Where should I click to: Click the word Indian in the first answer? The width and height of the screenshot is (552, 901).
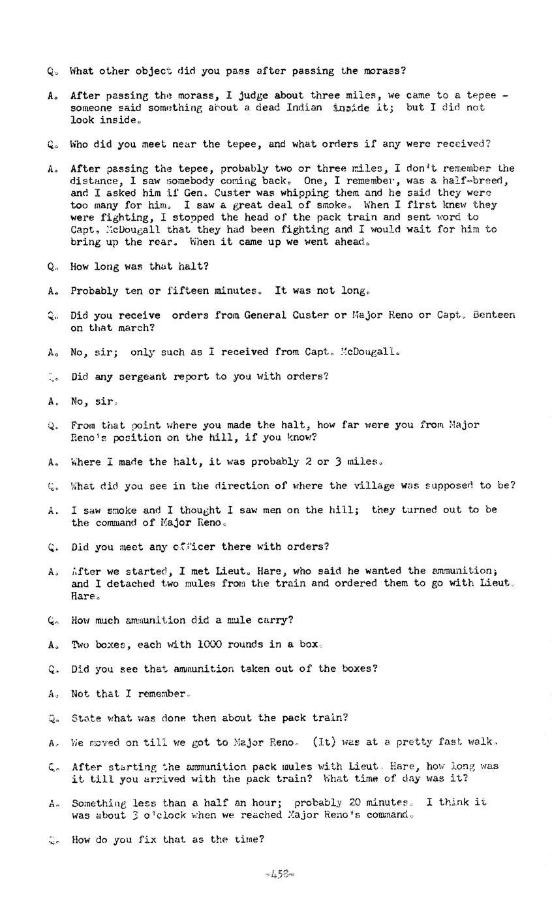[304, 108]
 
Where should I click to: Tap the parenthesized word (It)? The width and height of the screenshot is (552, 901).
[324, 742]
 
